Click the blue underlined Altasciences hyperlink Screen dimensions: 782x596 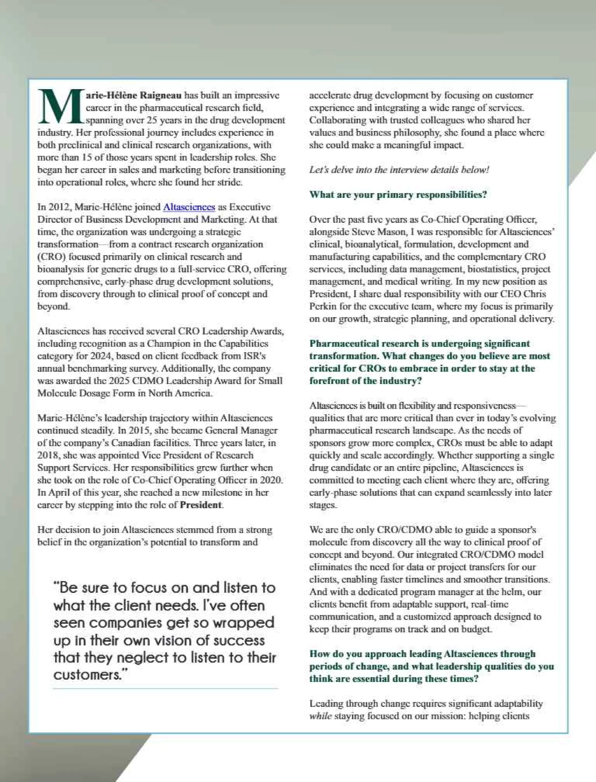pos(189,207)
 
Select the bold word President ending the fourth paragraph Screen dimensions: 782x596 pos(201,505)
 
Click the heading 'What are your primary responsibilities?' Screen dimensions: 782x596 pos(398,195)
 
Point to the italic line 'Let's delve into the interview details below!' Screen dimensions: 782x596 pos(399,170)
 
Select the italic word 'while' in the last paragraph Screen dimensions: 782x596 pos(320,716)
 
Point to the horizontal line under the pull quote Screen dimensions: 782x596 pos(165,689)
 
